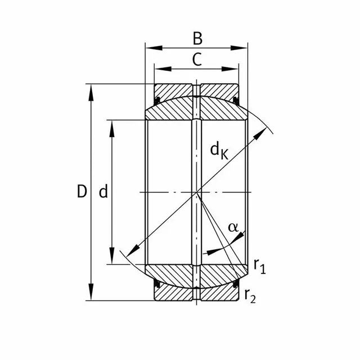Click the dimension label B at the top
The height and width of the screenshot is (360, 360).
(197, 38)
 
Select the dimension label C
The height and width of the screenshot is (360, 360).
(197, 59)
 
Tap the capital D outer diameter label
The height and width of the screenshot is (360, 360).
(82, 192)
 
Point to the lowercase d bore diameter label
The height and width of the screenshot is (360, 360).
(103, 192)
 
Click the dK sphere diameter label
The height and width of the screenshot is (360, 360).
(220, 150)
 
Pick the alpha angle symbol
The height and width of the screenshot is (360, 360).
(233, 227)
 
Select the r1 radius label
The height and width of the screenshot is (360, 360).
(259, 266)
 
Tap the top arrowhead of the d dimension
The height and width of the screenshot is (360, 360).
(112, 125)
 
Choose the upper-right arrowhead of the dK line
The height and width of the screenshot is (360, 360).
(263, 133)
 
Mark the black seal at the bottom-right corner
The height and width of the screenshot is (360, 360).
(236, 285)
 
